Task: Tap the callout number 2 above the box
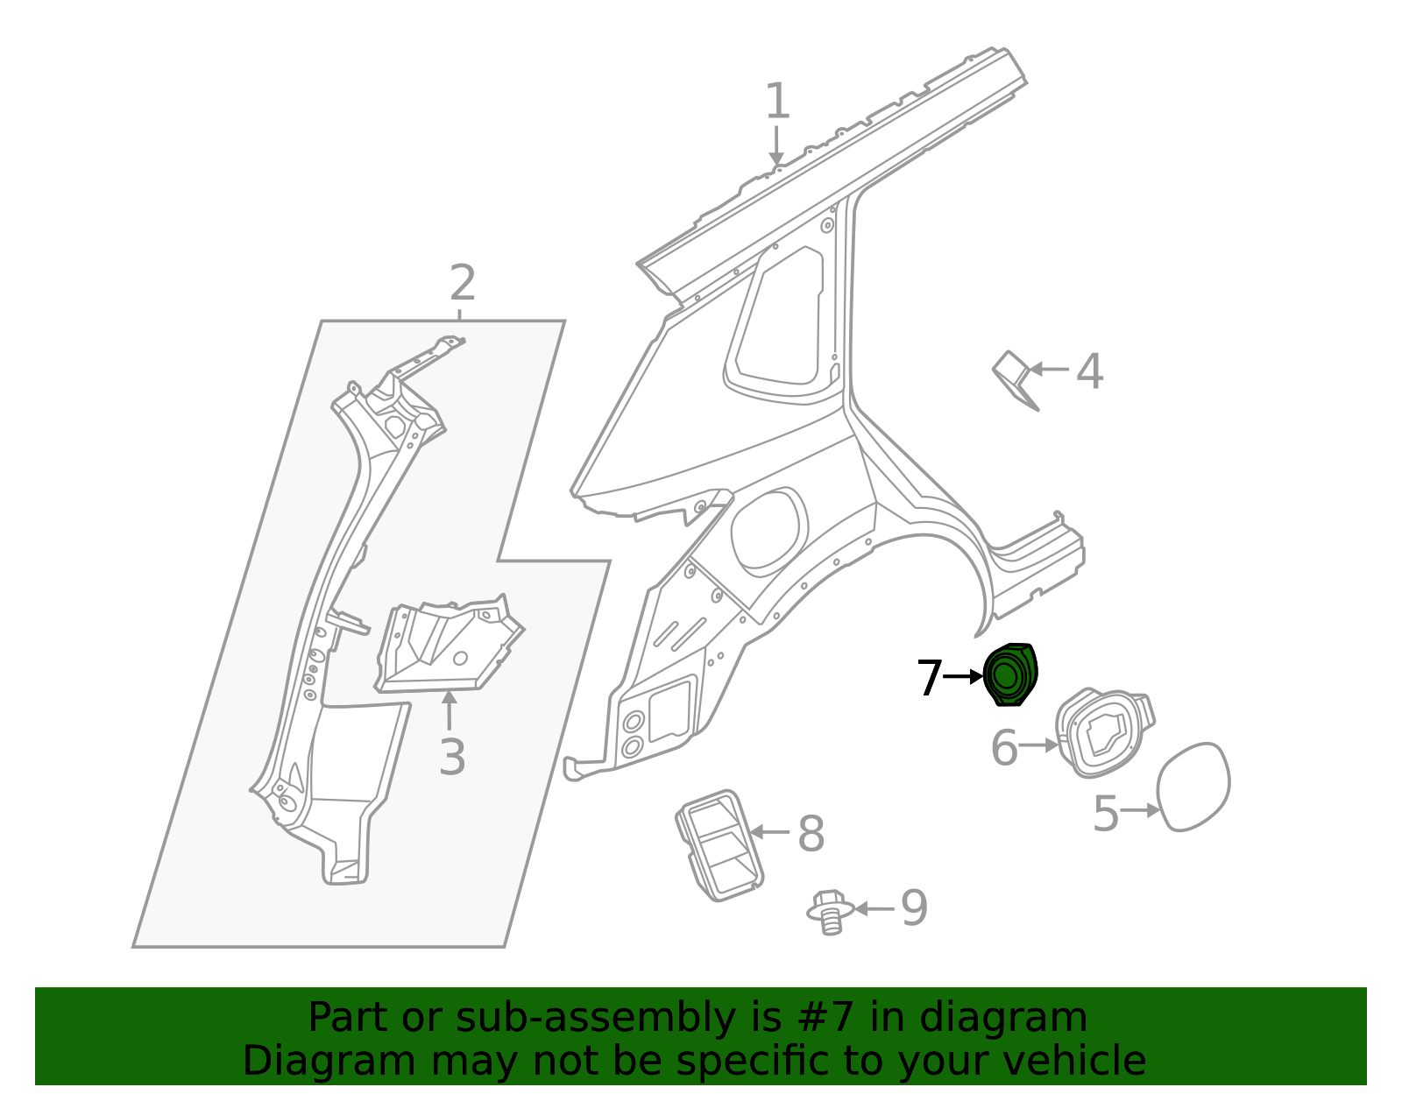[462, 283]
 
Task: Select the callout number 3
[451, 757]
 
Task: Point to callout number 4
[1089, 371]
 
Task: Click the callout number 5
[1106, 814]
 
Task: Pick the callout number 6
[1004, 748]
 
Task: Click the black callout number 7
[929, 678]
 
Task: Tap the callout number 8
[811, 834]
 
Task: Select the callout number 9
[914, 908]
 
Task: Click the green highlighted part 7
[1010, 674]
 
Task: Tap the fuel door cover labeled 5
[1193, 787]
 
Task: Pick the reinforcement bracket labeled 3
[447, 646]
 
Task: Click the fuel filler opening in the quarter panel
[767, 531]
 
